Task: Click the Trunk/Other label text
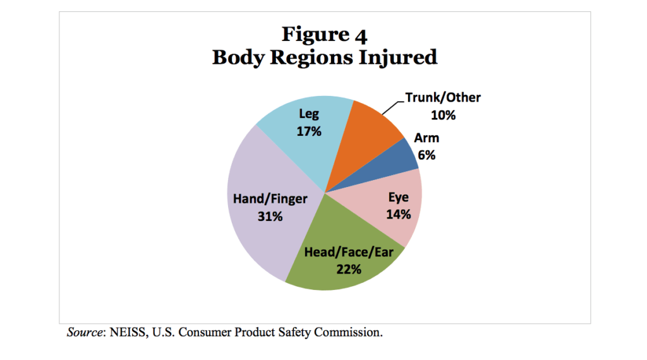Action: [443, 98]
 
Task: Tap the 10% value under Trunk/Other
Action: [443, 115]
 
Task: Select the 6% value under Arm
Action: [426, 155]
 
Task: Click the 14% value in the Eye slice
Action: [399, 214]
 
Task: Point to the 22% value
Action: [349, 269]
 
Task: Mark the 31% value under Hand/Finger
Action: [270, 216]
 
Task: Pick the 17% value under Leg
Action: [309, 131]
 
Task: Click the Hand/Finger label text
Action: [270, 199]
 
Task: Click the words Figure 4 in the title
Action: [324, 34]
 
